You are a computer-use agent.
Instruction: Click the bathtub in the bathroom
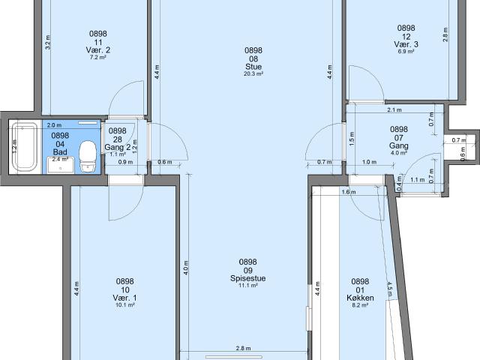pyautogui.click(x=25, y=147)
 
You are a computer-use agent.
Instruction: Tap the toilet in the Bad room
pyautogui.click(x=88, y=156)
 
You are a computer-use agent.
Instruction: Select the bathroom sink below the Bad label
pyautogui.click(x=60, y=165)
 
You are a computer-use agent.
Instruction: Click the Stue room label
pyautogui.click(x=253, y=67)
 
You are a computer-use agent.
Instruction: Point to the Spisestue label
pyautogui.click(x=248, y=278)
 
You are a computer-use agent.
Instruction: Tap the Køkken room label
pyautogui.click(x=360, y=298)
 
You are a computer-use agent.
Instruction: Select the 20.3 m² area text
pyautogui.click(x=253, y=73)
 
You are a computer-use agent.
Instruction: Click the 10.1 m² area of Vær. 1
pyautogui.click(x=125, y=305)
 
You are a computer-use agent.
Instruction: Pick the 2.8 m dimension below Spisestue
pyautogui.click(x=243, y=348)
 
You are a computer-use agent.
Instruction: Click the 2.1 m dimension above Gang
pyautogui.click(x=394, y=110)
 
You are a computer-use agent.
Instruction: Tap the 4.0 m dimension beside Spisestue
pyautogui.click(x=186, y=267)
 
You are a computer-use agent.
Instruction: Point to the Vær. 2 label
pyautogui.click(x=98, y=50)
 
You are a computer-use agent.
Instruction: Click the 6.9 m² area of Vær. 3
pyautogui.click(x=406, y=52)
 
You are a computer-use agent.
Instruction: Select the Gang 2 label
pyautogui.click(x=118, y=148)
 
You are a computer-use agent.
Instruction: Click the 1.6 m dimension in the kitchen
pyautogui.click(x=349, y=192)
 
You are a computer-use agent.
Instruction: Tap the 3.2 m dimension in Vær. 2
pyautogui.click(x=48, y=43)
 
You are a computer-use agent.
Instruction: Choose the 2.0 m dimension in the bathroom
pyautogui.click(x=54, y=125)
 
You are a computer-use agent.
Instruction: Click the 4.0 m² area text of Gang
pyautogui.click(x=398, y=153)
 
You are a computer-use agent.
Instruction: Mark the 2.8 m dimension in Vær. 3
pyautogui.click(x=445, y=34)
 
